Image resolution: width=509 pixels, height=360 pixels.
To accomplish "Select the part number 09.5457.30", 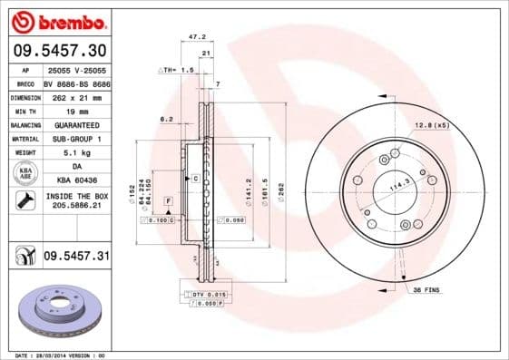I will tap(58, 50).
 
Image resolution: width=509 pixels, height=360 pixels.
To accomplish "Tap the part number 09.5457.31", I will tap(76, 258).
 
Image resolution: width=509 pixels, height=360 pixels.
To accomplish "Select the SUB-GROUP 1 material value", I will tap(76, 139).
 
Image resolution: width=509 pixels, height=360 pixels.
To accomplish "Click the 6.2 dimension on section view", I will tap(166, 119).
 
